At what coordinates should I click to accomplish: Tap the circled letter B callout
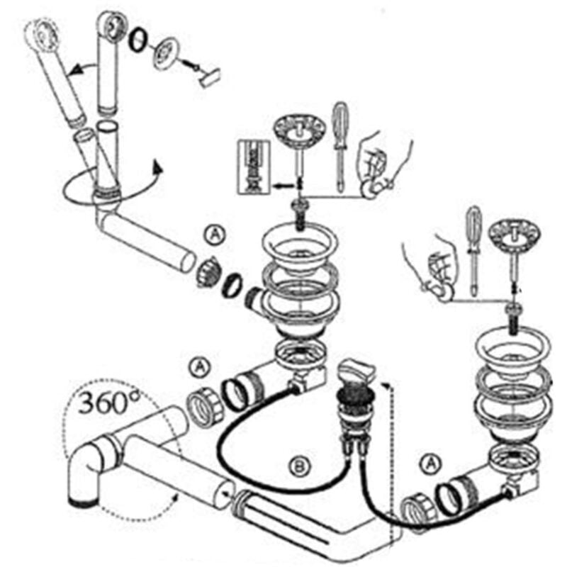point(300,468)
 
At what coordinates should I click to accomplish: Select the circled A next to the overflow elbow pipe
point(216,235)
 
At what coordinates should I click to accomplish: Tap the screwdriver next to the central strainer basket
point(340,147)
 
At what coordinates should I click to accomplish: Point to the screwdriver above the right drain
point(474,251)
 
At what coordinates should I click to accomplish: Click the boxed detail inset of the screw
point(254,167)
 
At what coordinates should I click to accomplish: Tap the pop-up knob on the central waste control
point(357,371)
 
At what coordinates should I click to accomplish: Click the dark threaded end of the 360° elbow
point(83,502)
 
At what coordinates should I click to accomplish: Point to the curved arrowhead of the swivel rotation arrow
point(157,167)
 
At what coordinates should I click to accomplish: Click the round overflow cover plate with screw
point(167,52)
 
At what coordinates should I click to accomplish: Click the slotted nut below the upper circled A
point(206,273)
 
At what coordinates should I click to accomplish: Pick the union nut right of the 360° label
point(204,408)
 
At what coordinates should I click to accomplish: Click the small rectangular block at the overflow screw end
point(209,77)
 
